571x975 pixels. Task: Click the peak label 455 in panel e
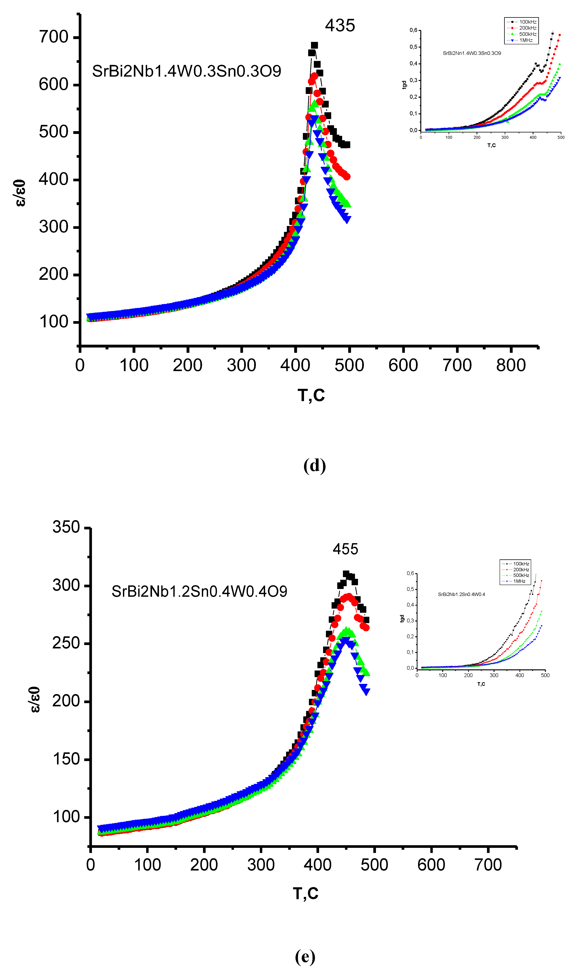tap(345, 549)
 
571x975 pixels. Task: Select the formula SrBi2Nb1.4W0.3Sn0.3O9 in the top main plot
tap(186, 71)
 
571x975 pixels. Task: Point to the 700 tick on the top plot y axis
tap(53, 37)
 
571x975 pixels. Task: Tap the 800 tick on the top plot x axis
tap(511, 365)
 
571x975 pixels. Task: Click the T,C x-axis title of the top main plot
tap(311, 395)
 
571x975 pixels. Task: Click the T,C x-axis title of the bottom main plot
tap(306, 893)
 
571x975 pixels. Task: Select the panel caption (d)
tap(314, 465)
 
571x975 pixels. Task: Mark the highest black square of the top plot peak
tap(314, 45)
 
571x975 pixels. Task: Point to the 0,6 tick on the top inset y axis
tap(414, 30)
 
